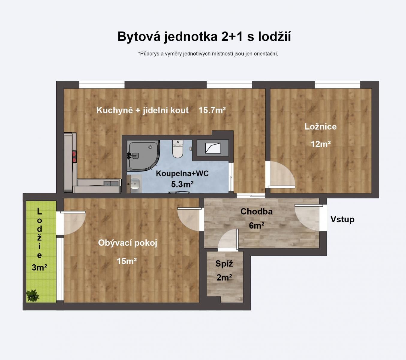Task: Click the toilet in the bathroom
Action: (x=178, y=149)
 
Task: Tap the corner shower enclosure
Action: (x=142, y=155)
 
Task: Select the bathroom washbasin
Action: (x=135, y=183)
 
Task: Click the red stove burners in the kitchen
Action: (x=74, y=157)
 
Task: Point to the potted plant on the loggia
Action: (x=32, y=295)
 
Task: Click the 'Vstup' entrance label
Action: (x=342, y=219)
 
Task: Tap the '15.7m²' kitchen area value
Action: (x=212, y=110)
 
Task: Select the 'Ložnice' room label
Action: (x=320, y=127)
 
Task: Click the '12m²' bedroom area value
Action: (x=320, y=144)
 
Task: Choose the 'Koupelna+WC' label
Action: (x=182, y=173)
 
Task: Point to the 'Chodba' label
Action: (x=256, y=211)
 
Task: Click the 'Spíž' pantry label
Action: (x=224, y=264)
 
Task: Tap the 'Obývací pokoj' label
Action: (x=127, y=243)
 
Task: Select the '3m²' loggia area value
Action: (x=39, y=267)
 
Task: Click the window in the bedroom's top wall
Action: (x=337, y=85)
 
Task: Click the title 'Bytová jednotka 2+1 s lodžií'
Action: (x=204, y=37)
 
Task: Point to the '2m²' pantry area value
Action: (x=224, y=277)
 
